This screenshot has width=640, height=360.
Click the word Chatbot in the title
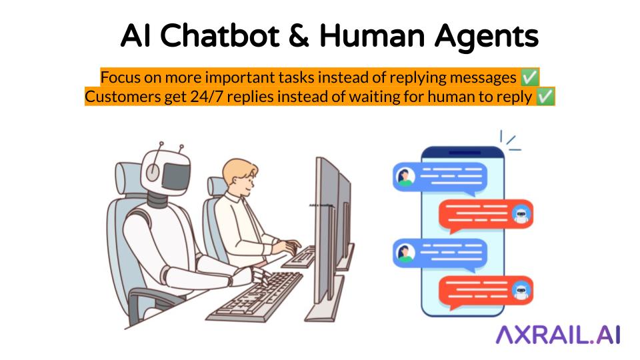219,36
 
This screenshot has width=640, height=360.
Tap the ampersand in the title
299,36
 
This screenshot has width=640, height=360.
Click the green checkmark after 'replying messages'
529,77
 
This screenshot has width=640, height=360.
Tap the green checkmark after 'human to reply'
545,97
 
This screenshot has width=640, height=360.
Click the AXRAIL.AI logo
558,335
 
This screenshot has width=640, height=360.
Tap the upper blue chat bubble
440,177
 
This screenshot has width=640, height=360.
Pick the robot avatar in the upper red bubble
521,214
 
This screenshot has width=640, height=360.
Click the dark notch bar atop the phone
463,153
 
